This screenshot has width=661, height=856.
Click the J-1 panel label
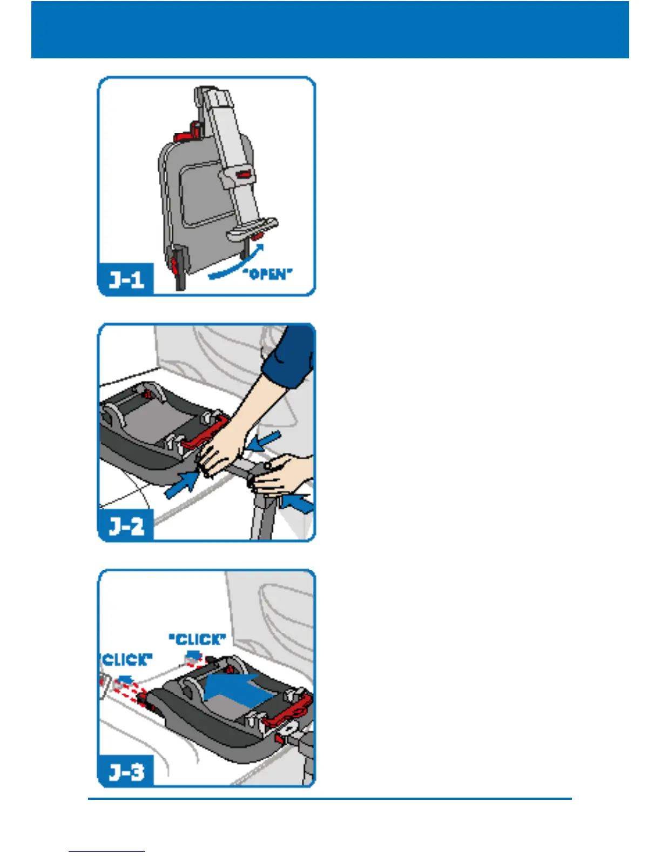[x=126, y=280]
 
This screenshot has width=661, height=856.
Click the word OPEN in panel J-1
[x=268, y=274]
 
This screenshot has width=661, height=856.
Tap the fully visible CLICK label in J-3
[x=198, y=639]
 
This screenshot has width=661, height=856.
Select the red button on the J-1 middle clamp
[x=242, y=173]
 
